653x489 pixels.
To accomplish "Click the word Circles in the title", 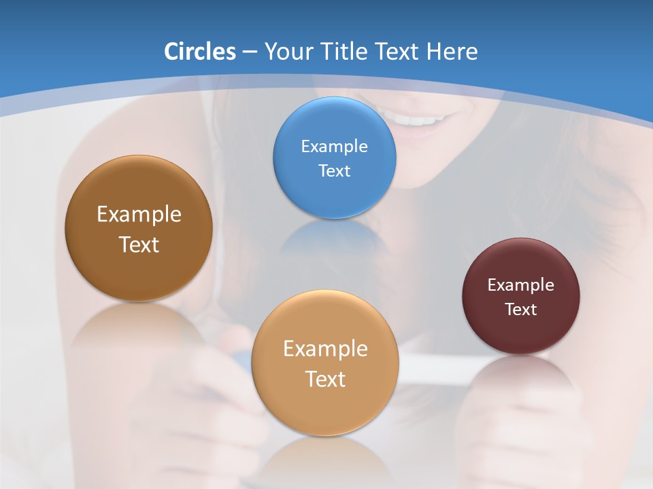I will click(x=199, y=52).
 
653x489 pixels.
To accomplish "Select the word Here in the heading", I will click(x=452, y=52).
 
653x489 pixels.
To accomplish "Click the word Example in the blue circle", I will click(x=335, y=147).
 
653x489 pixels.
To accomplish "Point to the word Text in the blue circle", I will click(x=335, y=170).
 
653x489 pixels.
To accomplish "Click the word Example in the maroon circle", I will click(x=521, y=285).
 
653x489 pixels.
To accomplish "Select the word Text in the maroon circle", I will click(x=521, y=310).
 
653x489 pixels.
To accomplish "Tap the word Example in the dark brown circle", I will click(x=139, y=215).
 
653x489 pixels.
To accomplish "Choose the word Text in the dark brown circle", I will click(x=139, y=244).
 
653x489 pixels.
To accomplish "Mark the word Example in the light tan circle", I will click(x=325, y=349).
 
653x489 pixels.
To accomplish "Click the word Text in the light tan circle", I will click(x=325, y=379).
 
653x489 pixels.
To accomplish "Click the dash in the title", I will click(x=250, y=52).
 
